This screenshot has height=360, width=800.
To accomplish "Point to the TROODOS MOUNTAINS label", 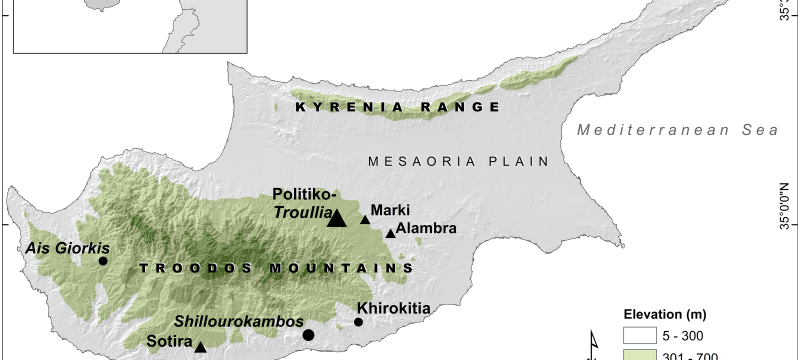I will pyautogui.click(x=277, y=269).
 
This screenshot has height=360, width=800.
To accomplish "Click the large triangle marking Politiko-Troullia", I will pyautogui.click(x=337, y=218).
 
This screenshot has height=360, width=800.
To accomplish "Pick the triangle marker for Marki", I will pyautogui.click(x=365, y=220).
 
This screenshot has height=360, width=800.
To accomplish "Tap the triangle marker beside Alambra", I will pyautogui.click(x=390, y=234).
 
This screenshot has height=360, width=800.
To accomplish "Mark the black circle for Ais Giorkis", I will pyautogui.click(x=103, y=260).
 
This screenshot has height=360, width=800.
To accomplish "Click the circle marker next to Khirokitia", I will pyautogui.click(x=358, y=322).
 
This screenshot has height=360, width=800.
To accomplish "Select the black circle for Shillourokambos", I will pyautogui.click(x=309, y=335).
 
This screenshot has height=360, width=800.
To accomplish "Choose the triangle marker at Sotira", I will pyautogui.click(x=200, y=348).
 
